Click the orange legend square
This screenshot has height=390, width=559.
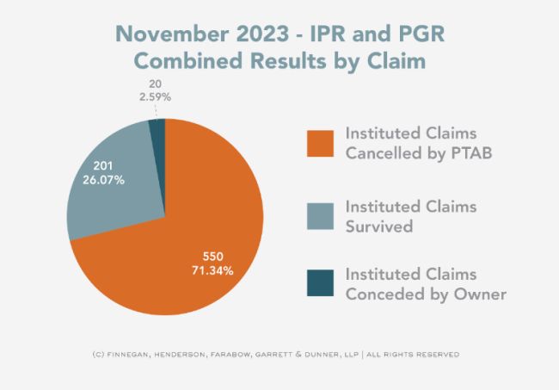[x=321, y=144]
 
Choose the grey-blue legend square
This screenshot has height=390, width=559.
[x=321, y=216]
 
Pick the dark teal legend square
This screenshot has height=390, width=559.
[x=321, y=283]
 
